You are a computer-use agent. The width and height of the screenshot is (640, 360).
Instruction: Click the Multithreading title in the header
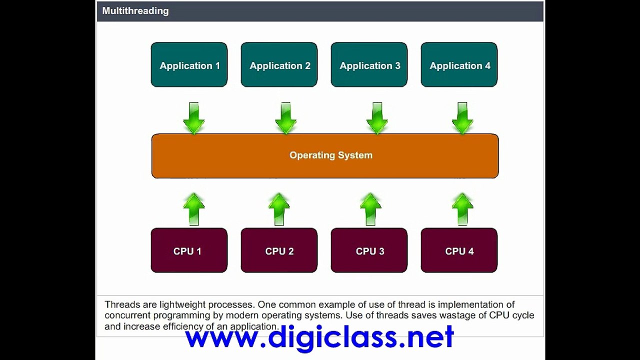(x=135, y=11)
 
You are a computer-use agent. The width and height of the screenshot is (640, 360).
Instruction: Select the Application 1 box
(x=189, y=64)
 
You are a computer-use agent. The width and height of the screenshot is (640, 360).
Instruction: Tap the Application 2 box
(x=279, y=64)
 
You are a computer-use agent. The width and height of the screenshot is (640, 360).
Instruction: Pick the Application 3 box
(x=369, y=64)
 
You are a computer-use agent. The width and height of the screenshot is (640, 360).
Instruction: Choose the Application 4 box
(x=459, y=64)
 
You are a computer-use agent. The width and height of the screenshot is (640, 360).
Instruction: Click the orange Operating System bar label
(x=331, y=155)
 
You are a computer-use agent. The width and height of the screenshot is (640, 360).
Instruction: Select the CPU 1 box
(x=189, y=250)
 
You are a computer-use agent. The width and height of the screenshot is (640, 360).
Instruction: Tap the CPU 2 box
(x=279, y=250)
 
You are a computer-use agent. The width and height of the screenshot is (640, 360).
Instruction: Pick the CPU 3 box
(x=369, y=250)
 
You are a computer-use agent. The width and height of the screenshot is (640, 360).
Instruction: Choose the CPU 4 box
(x=459, y=250)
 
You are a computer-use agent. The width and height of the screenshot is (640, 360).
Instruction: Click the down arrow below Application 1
(x=194, y=118)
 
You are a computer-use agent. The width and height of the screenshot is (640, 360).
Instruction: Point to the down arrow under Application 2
(x=285, y=118)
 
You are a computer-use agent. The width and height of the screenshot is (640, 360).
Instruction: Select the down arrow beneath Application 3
(x=377, y=118)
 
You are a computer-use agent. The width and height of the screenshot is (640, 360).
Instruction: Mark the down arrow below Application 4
(x=462, y=118)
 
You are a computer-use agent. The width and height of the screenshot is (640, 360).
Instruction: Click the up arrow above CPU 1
(x=194, y=209)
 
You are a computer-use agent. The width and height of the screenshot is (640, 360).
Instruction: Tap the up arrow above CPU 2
(x=279, y=209)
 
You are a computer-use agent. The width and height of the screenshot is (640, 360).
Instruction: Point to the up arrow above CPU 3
(x=370, y=209)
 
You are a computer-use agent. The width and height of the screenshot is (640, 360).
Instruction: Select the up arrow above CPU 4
(x=462, y=209)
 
